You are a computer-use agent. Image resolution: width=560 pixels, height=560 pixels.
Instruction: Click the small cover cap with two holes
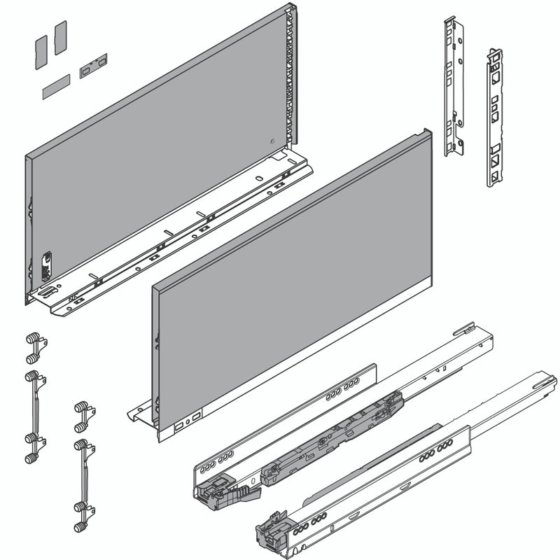tap(93, 67)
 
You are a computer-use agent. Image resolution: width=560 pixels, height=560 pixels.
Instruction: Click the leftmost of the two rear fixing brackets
tap(454, 87)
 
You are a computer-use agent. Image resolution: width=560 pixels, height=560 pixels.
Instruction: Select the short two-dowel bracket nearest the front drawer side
tap(83, 416)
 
